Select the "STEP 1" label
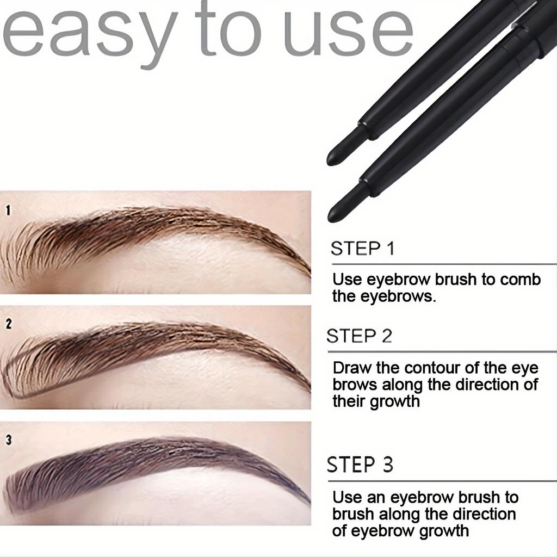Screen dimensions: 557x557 point(362,249)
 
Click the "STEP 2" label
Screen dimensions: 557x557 point(359,336)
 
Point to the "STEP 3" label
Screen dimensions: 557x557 point(360,466)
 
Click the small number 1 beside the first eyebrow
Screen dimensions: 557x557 point(8,210)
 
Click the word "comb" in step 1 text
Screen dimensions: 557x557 point(519,280)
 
